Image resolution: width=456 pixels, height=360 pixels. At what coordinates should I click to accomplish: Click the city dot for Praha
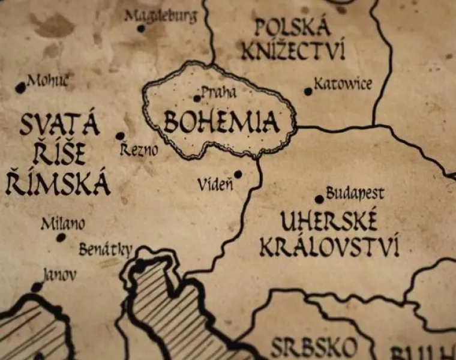tap(197, 98)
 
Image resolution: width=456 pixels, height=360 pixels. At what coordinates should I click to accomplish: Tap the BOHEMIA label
tap(221, 122)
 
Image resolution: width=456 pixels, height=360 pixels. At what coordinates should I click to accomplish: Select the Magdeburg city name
tap(160, 16)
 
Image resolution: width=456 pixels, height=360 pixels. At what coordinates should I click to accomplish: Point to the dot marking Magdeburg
tap(141, 28)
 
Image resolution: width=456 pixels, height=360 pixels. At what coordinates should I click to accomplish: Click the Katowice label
tap(343, 83)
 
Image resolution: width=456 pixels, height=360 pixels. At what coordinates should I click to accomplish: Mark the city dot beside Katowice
tap(308, 92)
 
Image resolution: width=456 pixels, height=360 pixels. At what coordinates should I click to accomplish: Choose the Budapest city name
tap(355, 193)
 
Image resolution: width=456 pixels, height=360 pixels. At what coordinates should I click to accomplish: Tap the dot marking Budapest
tap(319, 199)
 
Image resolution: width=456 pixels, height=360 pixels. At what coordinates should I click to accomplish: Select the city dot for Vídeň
tap(238, 175)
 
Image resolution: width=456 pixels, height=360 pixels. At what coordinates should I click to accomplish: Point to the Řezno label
tap(139, 149)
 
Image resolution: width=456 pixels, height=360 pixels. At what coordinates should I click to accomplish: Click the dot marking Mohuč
tap(20, 88)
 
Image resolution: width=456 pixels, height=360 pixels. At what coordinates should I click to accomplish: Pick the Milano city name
tap(62, 224)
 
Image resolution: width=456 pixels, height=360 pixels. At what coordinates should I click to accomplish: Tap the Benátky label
tap(106, 250)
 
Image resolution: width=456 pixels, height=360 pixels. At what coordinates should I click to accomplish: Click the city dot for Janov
tap(37, 287)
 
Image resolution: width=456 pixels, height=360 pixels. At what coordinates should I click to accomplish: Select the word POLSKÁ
tap(292, 27)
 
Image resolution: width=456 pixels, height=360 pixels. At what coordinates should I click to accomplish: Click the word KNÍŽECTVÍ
tap(293, 50)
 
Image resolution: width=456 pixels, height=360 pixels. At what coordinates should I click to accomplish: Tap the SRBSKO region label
tap(313, 347)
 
